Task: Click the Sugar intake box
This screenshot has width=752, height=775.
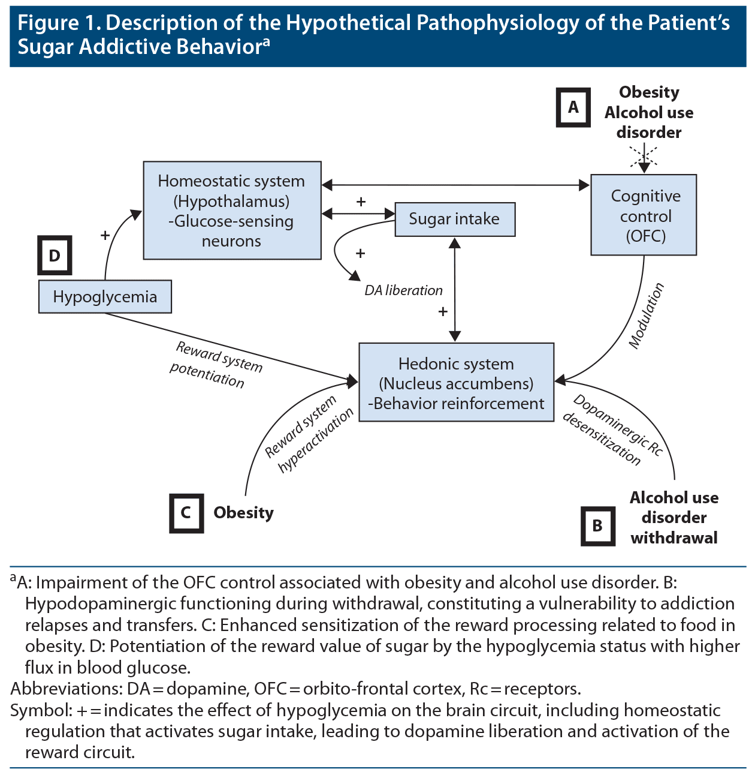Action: click(455, 220)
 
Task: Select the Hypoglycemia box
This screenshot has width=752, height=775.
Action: click(105, 296)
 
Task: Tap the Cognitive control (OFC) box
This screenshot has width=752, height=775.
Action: click(644, 215)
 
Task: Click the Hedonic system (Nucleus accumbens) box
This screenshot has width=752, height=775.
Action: click(456, 383)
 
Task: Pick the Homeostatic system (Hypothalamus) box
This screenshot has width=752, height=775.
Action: click(232, 211)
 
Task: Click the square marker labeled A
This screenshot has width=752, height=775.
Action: click(573, 107)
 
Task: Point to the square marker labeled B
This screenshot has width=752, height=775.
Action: click(597, 526)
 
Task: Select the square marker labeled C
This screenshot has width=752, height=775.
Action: click(186, 513)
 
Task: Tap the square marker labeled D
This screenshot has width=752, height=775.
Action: click(55, 256)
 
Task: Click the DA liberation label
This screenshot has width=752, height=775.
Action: click(403, 290)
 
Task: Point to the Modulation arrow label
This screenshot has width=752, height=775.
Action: click(647, 316)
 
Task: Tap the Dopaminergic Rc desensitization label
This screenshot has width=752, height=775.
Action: click(611, 430)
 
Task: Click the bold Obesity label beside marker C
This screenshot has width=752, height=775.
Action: click(243, 513)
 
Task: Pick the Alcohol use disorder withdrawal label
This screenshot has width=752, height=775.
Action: click(674, 518)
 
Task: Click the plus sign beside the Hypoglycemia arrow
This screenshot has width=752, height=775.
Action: click(105, 235)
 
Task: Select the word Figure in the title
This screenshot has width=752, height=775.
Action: click(48, 23)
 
